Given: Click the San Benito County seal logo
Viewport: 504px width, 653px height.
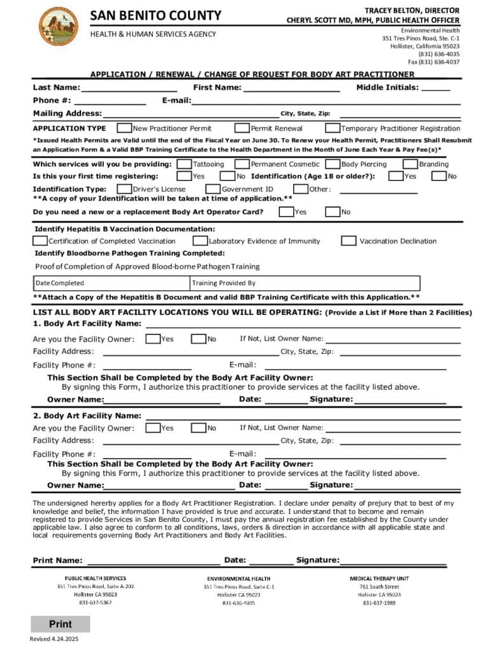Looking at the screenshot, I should pyautogui.click(x=59, y=26).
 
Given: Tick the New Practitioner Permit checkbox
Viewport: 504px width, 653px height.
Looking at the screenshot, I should pyautogui.click(x=125, y=128).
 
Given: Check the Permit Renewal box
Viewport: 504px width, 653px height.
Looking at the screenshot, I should pyautogui.click(x=242, y=128).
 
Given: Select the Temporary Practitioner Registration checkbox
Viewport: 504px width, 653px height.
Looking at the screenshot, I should pyautogui.click(x=333, y=128).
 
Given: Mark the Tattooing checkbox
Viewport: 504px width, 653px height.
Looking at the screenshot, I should pyautogui.click(x=184, y=164).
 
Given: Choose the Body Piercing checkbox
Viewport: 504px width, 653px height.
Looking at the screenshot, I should pyautogui.click(x=333, y=164).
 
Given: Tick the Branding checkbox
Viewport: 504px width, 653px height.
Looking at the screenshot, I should pyautogui.click(x=411, y=164).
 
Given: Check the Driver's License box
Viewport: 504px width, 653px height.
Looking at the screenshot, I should pyautogui.click(x=124, y=189).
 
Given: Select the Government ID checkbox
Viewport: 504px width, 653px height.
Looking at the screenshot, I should pyautogui.click(x=213, y=189).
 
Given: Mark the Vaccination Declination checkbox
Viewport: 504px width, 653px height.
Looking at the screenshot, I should pyautogui.click(x=349, y=241).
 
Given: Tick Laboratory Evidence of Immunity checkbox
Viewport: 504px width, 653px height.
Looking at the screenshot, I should pyautogui.click(x=200, y=241).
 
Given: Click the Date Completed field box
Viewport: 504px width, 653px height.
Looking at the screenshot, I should pyautogui.click(x=112, y=283).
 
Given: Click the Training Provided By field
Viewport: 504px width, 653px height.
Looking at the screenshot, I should pyautogui.click(x=305, y=283).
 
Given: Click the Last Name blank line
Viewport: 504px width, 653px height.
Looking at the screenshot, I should pyautogui.click(x=129, y=88).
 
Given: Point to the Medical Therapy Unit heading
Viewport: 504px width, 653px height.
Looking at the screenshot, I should pyautogui.click(x=379, y=578).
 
